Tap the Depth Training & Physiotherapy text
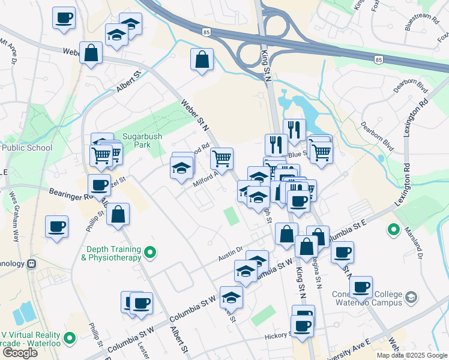pyautogui.click(x=113, y=253)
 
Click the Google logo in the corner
pyautogui.click(x=20, y=352)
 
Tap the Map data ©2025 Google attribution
pyautogui.click(x=412, y=355)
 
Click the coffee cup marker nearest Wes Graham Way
pyautogui.click(x=57, y=227)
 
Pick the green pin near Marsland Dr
pyautogui.click(x=393, y=229)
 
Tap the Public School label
pyautogui.click(x=26, y=148)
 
